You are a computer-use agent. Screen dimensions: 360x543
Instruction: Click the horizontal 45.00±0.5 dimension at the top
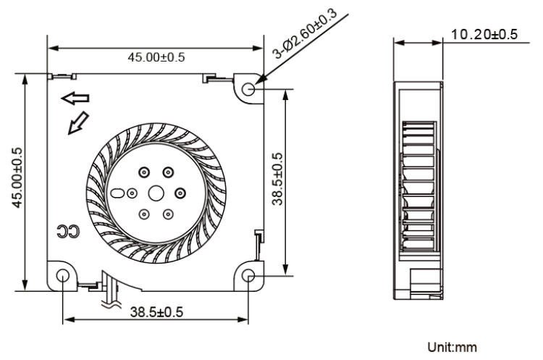coord(156,58)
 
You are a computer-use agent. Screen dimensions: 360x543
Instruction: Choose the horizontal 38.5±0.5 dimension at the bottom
coord(156,311)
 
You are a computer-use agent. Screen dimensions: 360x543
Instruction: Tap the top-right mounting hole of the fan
coord(249,89)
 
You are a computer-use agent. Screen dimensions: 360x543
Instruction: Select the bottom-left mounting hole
coord(63,276)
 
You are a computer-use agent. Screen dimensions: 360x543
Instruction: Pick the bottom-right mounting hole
coord(249,276)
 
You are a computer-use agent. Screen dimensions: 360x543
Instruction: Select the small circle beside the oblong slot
coord(131,193)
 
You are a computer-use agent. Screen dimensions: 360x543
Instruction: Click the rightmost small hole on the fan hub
coord(180,193)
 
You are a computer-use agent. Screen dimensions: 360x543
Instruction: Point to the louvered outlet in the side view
coord(418,188)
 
